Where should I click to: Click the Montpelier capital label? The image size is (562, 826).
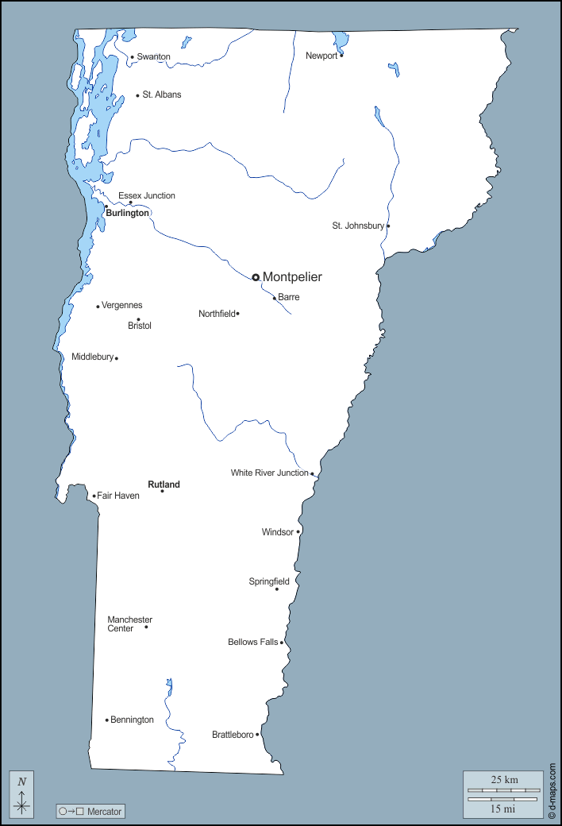point(292,277)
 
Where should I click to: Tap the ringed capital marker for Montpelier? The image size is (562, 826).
point(256,277)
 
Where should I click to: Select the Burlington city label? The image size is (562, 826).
point(127,214)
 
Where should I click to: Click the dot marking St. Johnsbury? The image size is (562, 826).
point(388,226)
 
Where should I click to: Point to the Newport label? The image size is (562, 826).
point(321,56)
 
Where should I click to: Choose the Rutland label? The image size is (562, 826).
point(164,484)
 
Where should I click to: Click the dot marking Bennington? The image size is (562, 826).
point(107,720)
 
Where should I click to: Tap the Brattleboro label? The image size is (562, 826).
point(233,735)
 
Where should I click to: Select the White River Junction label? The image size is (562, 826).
point(269,473)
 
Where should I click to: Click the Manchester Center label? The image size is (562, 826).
point(129,624)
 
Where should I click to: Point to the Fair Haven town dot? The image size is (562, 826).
point(94,496)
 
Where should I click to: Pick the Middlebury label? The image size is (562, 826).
point(92,357)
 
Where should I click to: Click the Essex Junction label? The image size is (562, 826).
point(147,195)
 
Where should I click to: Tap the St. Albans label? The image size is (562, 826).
point(162,95)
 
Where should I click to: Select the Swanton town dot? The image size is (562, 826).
point(133,57)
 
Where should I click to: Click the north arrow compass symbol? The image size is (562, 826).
point(21,795)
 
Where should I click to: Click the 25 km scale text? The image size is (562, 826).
point(504,780)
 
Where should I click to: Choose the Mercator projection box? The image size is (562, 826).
point(90,811)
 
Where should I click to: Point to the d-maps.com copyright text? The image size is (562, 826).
point(552,791)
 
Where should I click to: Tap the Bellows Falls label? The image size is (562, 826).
point(252,642)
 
